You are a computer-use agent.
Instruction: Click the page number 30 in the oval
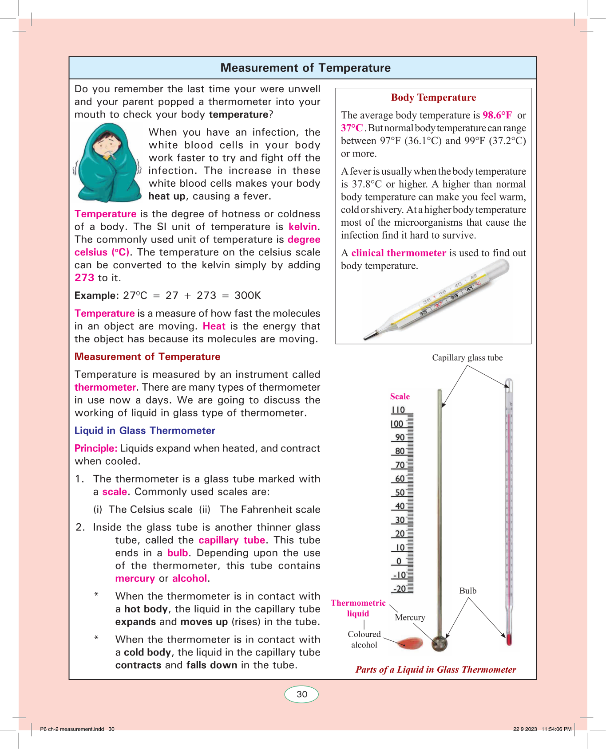302,694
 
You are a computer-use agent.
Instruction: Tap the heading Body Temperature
433,98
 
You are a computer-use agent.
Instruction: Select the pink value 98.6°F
497,115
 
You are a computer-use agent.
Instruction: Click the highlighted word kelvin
303,227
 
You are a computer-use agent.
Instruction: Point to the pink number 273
84,278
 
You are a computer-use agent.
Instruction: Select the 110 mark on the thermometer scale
398,410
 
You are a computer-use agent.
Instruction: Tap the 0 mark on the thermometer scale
399,561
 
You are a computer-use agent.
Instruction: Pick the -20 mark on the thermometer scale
399,589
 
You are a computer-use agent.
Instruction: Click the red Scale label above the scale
400,396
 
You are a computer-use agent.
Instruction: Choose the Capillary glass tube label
467,358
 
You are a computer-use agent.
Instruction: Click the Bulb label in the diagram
467,591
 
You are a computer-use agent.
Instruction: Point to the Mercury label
410,617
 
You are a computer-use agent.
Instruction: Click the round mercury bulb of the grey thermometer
440,643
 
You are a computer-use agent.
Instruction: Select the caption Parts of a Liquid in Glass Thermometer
436,670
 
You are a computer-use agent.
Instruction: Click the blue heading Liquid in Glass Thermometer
145,431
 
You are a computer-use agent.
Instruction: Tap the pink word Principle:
96,448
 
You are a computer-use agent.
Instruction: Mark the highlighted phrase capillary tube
232,540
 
